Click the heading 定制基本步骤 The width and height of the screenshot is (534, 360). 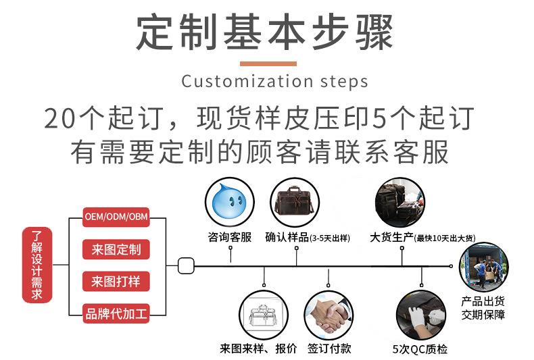265,31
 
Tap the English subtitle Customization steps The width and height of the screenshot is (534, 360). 274,82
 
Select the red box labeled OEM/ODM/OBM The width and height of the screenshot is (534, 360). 116,217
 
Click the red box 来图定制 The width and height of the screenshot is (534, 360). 116,249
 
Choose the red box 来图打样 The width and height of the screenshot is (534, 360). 116,281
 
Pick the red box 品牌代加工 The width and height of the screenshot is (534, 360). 116,313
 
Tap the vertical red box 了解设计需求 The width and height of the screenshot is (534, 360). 37,265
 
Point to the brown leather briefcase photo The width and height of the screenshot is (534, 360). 295,201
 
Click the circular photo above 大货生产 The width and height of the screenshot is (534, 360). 400,201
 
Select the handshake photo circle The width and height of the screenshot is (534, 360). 329,315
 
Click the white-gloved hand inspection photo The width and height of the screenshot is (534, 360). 420,315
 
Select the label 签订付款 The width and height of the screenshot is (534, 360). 329,349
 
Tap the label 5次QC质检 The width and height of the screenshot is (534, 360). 420,349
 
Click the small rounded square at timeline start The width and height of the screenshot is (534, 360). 186,265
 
